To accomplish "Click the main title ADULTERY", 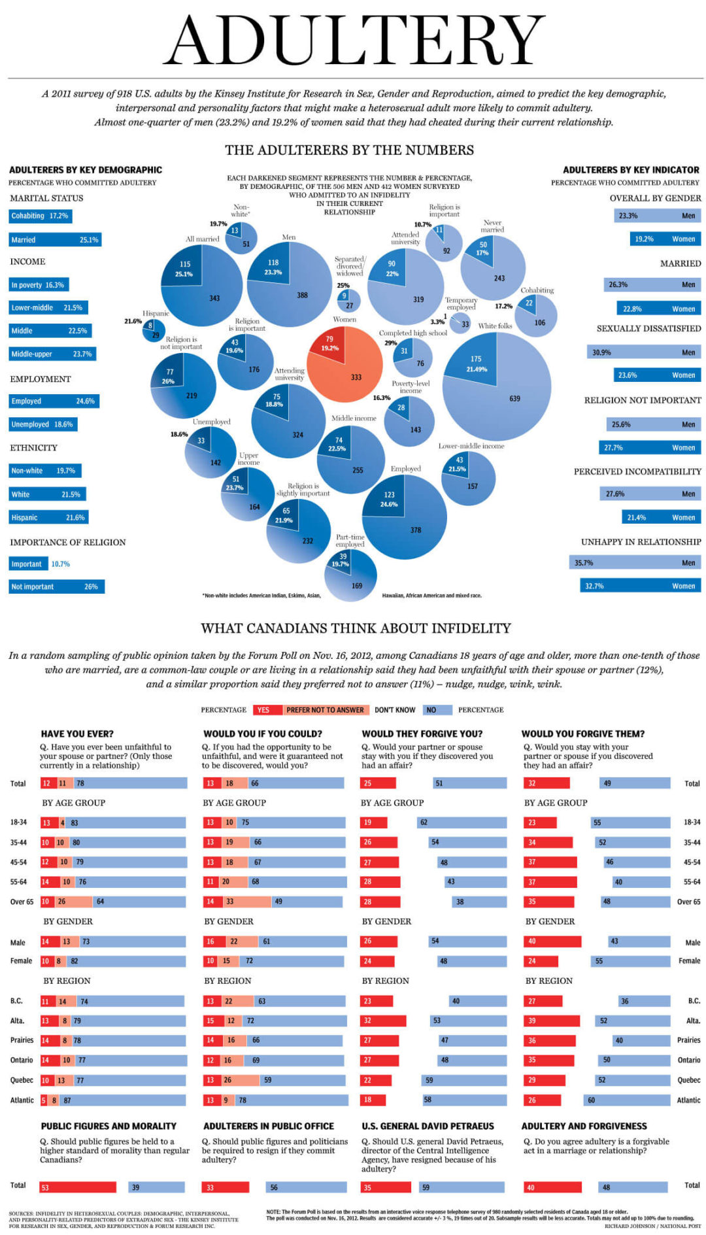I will pyautogui.click(x=354, y=41).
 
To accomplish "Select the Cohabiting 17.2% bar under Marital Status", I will pyautogui.click(x=40, y=216).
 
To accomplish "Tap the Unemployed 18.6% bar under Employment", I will pyautogui.click(x=43, y=424).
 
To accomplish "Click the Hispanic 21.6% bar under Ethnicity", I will pyautogui.click(x=48, y=517).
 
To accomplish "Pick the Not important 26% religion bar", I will pyautogui.click(x=56, y=586).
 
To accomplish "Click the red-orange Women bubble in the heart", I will pyautogui.click(x=345, y=364).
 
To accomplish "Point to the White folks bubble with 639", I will pyautogui.click(x=497, y=386).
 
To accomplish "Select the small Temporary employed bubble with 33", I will pyautogui.click(x=461, y=323).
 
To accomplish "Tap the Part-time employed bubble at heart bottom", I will pyautogui.click(x=351, y=575).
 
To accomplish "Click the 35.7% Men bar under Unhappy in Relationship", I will pyautogui.click(x=634, y=563).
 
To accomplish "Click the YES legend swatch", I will pyautogui.click(x=267, y=709).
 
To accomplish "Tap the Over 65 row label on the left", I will pyautogui.click(x=22, y=902).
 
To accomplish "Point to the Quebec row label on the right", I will pyautogui.click(x=688, y=1080).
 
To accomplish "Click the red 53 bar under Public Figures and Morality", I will pyautogui.click(x=78, y=1187).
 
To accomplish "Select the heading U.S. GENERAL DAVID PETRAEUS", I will pyautogui.click(x=428, y=1126).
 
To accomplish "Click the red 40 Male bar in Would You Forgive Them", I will pyautogui.click(x=552, y=941).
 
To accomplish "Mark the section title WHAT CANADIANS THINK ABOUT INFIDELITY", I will pyautogui.click(x=356, y=628).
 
